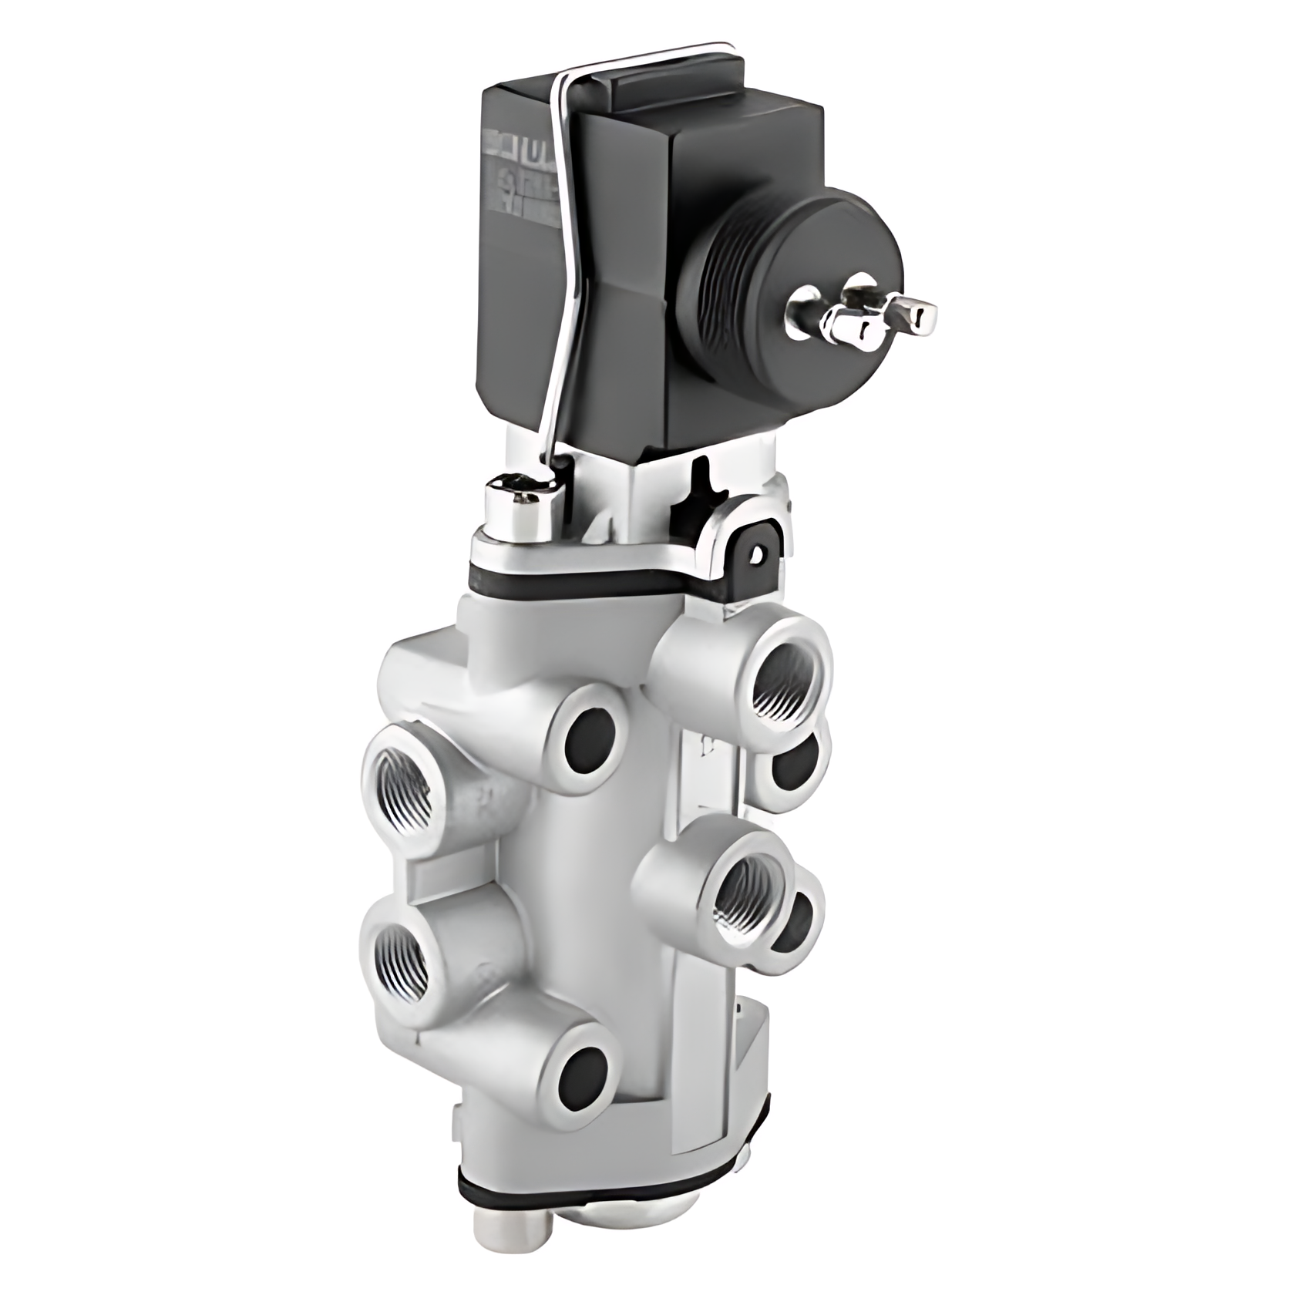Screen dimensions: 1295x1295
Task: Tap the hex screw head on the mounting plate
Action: (515, 503)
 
